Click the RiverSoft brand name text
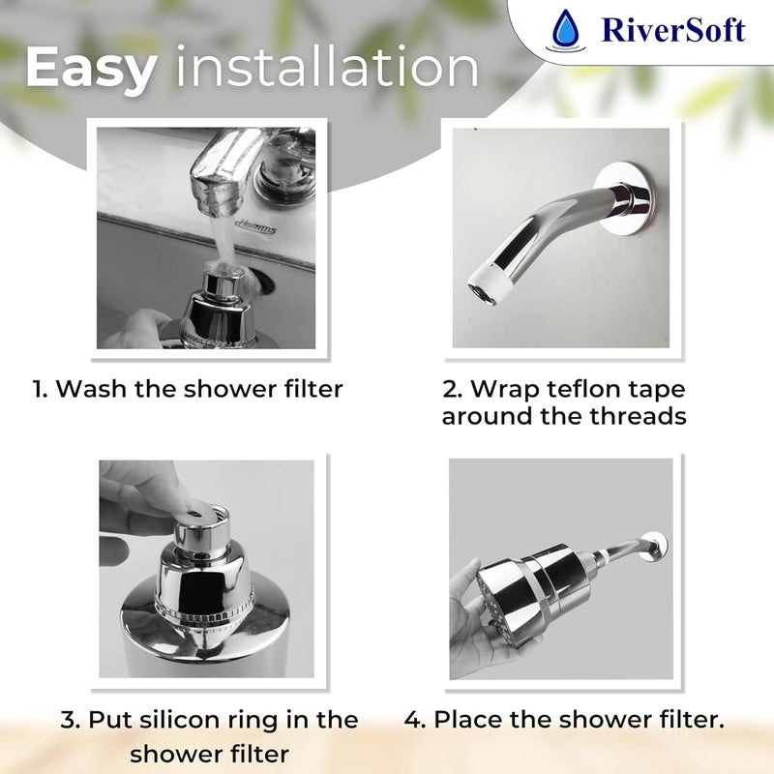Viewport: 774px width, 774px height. coord(672,31)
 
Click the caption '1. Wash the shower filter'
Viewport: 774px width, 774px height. coord(188,389)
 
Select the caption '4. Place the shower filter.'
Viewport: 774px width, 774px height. coord(565,720)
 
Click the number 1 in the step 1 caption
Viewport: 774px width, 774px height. coord(38,389)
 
